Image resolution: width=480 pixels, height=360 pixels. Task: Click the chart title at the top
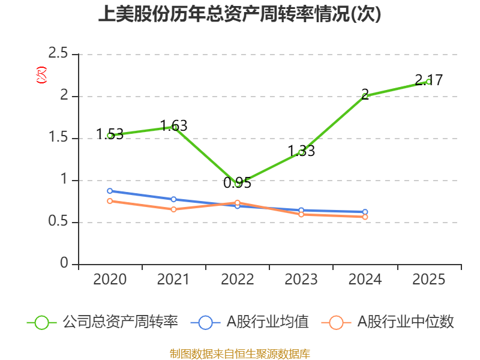(x=239, y=14)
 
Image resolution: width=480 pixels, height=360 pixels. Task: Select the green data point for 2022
(x=238, y=184)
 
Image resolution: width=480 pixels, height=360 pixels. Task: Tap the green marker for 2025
(x=428, y=82)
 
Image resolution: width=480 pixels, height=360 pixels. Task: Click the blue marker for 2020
(x=110, y=191)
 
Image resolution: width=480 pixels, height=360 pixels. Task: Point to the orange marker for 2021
(x=173, y=209)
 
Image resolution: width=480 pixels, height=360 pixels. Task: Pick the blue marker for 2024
(x=365, y=212)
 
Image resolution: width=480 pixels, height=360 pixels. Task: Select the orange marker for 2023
(x=301, y=215)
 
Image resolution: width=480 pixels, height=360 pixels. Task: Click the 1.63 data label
(x=174, y=125)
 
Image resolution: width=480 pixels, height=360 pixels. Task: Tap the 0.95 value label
(x=237, y=183)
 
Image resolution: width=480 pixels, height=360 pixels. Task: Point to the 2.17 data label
(x=429, y=80)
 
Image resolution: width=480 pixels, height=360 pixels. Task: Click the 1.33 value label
(x=301, y=151)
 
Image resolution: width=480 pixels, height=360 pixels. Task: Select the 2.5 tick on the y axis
(x=58, y=53)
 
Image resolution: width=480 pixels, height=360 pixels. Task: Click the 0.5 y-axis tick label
(x=58, y=221)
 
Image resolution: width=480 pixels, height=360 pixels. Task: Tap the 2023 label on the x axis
(x=301, y=279)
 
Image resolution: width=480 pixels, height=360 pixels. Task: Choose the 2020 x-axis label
(x=110, y=279)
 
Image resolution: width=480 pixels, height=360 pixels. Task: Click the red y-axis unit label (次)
(x=41, y=75)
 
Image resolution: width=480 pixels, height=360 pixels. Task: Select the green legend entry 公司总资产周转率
(x=103, y=322)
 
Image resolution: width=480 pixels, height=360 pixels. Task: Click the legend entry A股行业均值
(x=250, y=322)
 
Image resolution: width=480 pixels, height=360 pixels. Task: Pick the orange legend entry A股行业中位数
(x=388, y=322)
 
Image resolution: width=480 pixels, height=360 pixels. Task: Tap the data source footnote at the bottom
(x=240, y=353)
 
